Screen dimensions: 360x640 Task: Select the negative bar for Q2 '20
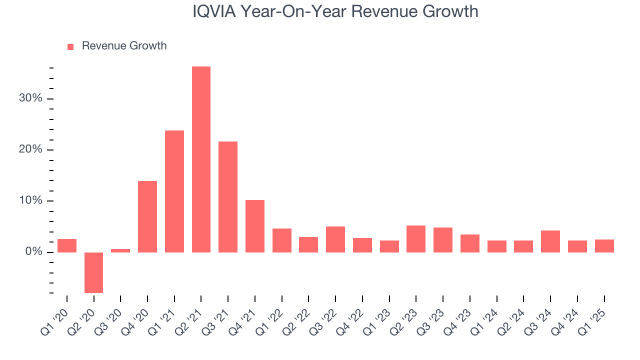(x=93, y=272)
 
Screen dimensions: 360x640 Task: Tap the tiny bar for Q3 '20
(x=120, y=250)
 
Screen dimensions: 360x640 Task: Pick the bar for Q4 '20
(x=147, y=216)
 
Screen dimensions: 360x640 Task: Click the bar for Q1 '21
(x=174, y=191)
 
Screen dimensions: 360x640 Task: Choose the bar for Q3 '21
(x=228, y=196)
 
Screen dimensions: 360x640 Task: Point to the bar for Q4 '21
(x=255, y=226)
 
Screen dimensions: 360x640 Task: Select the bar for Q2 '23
(x=416, y=239)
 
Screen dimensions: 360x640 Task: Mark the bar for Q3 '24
(x=550, y=241)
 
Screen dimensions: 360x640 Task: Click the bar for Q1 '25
(x=604, y=246)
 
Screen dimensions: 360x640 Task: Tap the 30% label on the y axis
(x=30, y=98)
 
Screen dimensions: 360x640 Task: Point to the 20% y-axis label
(x=30, y=150)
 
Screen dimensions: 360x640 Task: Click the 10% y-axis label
(x=30, y=201)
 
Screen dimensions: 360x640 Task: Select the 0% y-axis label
(x=33, y=252)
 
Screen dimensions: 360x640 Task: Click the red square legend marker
(x=70, y=46)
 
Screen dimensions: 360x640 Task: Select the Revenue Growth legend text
(x=124, y=46)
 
